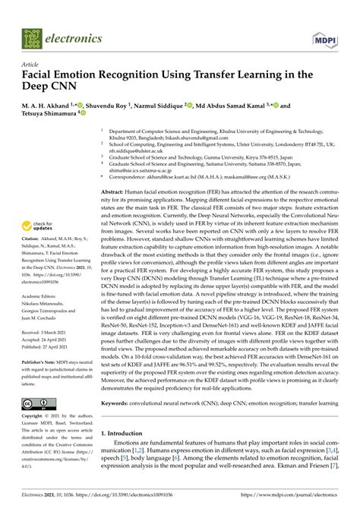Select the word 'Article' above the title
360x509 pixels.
pos(32,66)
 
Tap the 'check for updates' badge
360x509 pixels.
pos(40,226)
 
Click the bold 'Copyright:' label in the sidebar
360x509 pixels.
pos(35,418)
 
